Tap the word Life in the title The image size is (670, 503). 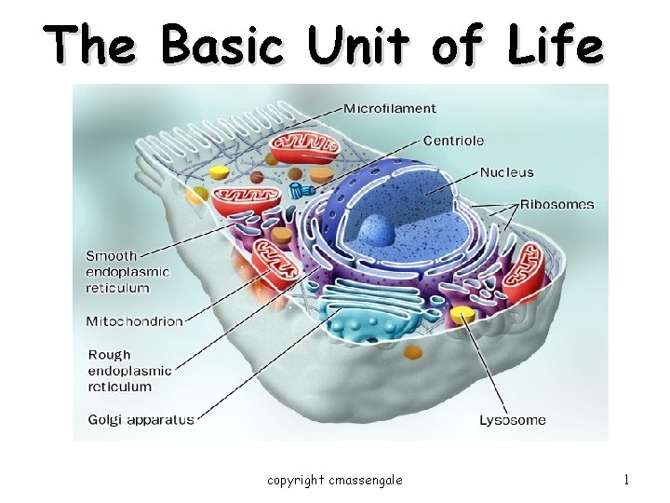point(556,44)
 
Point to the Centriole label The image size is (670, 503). point(453,141)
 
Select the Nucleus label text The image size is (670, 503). point(506,172)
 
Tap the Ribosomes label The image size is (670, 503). point(556,204)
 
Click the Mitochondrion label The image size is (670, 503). point(134,321)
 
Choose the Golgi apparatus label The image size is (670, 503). point(141,419)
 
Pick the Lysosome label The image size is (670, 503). point(512,420)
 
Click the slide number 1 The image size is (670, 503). point(626,480)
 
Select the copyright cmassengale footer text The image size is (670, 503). point(335,480)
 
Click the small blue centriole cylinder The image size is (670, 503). point(300,191)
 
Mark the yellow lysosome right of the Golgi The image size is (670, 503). point(462,317)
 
